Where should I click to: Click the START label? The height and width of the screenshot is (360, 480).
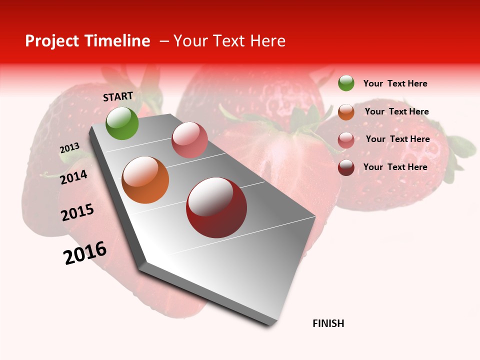(x=118, y=96)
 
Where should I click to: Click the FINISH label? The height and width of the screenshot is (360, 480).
(x=328, y=323)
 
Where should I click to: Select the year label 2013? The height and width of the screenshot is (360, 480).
(x=69, y=148)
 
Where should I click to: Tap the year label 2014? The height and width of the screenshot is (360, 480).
(x=74, y=177)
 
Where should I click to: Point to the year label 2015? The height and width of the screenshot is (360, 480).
(x=77, y=212)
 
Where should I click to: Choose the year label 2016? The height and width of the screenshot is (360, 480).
(x=85, y=253)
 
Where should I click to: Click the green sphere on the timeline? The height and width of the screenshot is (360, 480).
(x=122, y=123)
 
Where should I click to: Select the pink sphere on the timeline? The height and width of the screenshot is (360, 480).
(x=189, y=140)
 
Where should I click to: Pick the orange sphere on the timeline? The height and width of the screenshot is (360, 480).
(x=145, y=180)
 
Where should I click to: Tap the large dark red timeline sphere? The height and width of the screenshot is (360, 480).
(x=216, y=207)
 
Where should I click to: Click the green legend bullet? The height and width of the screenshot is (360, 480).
(x=346, y=83)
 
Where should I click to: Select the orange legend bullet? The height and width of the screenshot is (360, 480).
(x=346, y=111)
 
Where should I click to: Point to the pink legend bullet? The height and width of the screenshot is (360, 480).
(x=346, y=139)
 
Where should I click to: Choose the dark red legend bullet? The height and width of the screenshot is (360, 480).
(x=346, y=167)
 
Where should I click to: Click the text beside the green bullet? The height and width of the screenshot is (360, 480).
(x=395, y=83)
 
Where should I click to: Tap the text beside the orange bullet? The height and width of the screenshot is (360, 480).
(x=396, y=111)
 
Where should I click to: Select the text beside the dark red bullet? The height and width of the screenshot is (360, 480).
(x=395, y=167)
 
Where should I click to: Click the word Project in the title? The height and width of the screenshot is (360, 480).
(x=52, y=41)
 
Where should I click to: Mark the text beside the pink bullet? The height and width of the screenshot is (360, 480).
(x=397, y=139)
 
